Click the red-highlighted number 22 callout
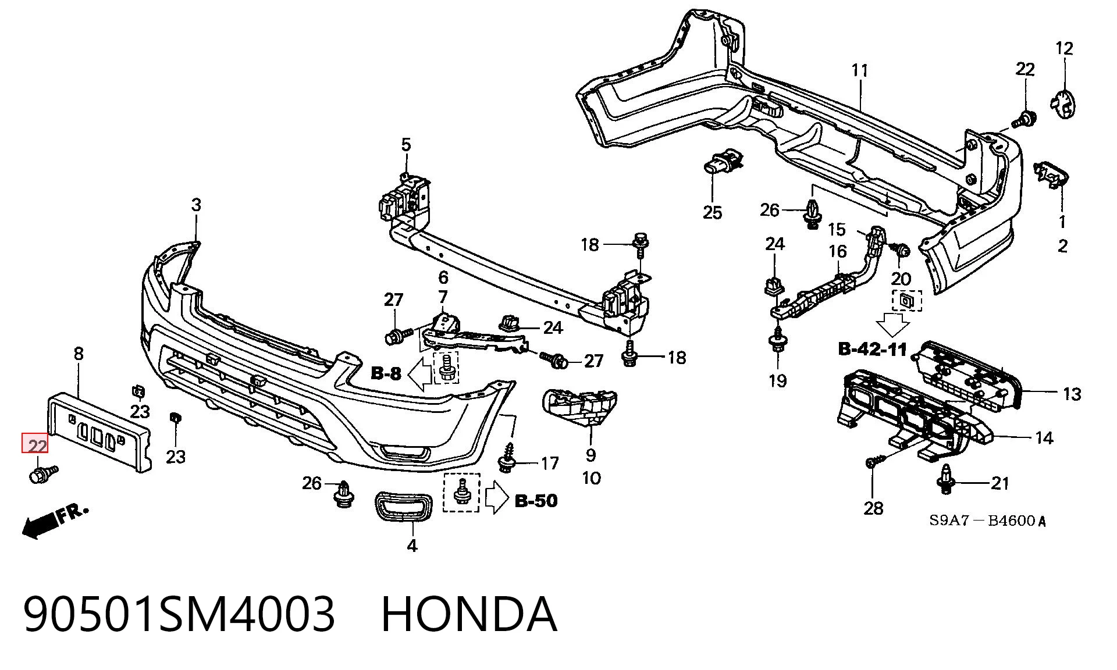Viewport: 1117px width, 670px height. point(35,446)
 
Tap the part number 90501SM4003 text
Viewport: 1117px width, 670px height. point(179,614)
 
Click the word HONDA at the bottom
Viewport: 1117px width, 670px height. point(469,614)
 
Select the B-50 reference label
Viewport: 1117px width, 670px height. point(536,500)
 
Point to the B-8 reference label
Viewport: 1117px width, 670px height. point(386,373)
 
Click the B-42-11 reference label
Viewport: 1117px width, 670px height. point(873,349)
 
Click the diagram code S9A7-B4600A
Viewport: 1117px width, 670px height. point(987,521)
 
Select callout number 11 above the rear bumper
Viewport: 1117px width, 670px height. point(859,70)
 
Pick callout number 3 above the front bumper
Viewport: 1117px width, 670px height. point(196,205)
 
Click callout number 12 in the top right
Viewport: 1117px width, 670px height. point(1064,48)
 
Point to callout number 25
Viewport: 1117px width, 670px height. point(712,212)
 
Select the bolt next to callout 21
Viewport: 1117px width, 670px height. point(945,480)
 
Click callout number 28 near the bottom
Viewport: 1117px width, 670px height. point(873,508)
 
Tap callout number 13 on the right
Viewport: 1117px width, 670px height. point(1072,394)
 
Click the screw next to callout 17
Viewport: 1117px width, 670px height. point(507,458)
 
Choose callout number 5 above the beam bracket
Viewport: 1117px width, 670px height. point(405,145)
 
